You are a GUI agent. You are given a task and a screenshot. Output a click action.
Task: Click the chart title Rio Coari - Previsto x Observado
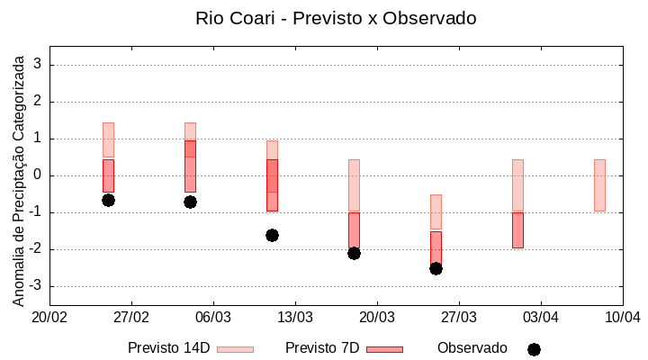pyautogui.click(x=336, y=18)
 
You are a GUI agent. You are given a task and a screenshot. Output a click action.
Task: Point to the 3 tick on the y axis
pyautogui.click(x=38, y=65)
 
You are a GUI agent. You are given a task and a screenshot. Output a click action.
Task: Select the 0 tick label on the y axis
pyautogui.click(x=38, y=175)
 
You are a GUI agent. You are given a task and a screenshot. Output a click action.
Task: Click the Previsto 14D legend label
pyautogui.click(x=168, y=348)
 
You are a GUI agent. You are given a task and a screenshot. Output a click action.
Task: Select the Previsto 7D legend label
pyautogui.click(x=322, y=348)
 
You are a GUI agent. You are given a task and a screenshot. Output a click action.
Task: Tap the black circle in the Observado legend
pyautogui.click(x=534, y=349)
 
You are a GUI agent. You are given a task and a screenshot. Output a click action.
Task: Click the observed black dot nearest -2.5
pyautogui.click(x=436, y=268)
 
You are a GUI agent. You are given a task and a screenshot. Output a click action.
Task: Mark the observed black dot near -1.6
pyautogui.click(x=272, y=235)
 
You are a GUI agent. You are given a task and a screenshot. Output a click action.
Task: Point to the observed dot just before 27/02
pyautogui.click(x=108, y=200)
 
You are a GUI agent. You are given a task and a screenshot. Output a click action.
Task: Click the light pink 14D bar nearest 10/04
pyautogui.click(x=599, y=184)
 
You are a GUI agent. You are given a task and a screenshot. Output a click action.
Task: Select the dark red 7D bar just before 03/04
pyautogui.click(x=517, y=230)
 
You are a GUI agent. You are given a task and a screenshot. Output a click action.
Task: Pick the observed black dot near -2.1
pyautogui.click(x=354, y=253)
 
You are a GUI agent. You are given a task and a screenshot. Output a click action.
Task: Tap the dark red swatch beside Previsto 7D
pyautogui.click(x=384, y=349)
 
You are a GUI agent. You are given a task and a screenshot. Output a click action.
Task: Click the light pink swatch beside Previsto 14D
pyautogui.click(x=235, y=349)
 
